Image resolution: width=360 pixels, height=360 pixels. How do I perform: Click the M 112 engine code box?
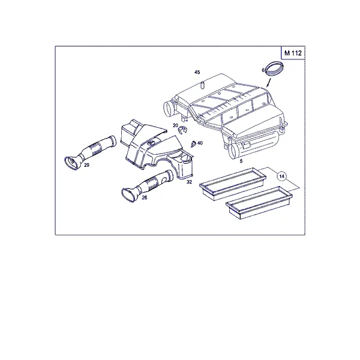[x=293, y=53]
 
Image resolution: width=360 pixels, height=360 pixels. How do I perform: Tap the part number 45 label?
[x=197, y=72]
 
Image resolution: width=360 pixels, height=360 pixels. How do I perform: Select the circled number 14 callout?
[x=282, y=176]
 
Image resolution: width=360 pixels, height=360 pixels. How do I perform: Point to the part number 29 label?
[x=86, y=165]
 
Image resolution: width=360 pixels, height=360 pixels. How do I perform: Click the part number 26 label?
[x=144, y=197]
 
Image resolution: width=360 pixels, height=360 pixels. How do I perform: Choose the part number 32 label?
[x=189, y=182]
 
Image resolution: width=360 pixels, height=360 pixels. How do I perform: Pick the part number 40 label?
[x=200, y=143]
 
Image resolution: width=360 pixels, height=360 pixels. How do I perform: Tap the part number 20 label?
[x=175, y=125]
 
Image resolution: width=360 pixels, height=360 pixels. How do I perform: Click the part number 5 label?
[x=241, y=161]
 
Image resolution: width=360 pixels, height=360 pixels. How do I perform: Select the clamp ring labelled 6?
[x=274, y=68]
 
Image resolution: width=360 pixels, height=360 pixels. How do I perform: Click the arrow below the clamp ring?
[x=269, y=83]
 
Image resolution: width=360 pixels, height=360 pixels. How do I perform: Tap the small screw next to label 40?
[x=193, y=144]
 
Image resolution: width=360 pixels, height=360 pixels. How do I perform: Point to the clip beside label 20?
[x=182, y=130]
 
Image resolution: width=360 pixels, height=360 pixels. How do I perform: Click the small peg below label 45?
[x=203, y=85]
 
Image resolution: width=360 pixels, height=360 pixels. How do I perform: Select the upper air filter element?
[x=233, y=184]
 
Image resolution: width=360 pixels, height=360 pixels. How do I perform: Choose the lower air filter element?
[x=259, y=203]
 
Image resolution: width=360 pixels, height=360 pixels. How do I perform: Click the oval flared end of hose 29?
[x=71, y=163]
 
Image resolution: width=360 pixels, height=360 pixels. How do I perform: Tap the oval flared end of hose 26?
[x=129, y=196]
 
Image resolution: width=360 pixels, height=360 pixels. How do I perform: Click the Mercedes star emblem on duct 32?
[x=151, y=143]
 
